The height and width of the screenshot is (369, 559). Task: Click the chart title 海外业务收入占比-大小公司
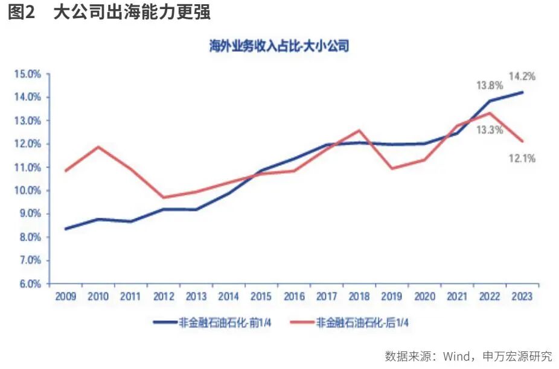pyautogui.click(x=279, y=46)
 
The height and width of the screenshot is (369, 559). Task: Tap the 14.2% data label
pyautogui.click(x=522, y=77)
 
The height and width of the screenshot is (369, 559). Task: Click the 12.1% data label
pyautogui.click(x=522, y=159)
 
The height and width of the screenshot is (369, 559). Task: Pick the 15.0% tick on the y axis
pyautogui.click(x=27, y=74)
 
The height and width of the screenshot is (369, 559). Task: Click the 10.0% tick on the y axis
pyautogui.click(x=27, y=191)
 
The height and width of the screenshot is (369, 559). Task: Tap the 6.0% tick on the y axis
pyautogui.click(x=28, y=283)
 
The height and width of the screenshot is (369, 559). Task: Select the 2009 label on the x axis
pyautogui.click(x=65, y=297)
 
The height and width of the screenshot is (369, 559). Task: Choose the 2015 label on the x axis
pyautogui.click(x=261, y=297)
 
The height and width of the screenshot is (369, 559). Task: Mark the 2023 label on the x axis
pyautogui.click(x=522, y=297)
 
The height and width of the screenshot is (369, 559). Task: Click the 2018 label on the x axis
pyautogui.click(x=359, y=297)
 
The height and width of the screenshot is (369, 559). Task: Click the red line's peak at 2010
pyautogui.click(x=98, y=147)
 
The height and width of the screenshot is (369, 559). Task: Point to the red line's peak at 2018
pyautogui.click(x=359, y=130)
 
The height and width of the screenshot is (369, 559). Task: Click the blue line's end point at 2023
pyautogui.click(x=522, y=92)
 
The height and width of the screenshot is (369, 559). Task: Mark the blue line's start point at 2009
pyautogui.click(x=65, y=229)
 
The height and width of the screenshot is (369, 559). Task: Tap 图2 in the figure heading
pyautogui.click(x=23, y=13)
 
